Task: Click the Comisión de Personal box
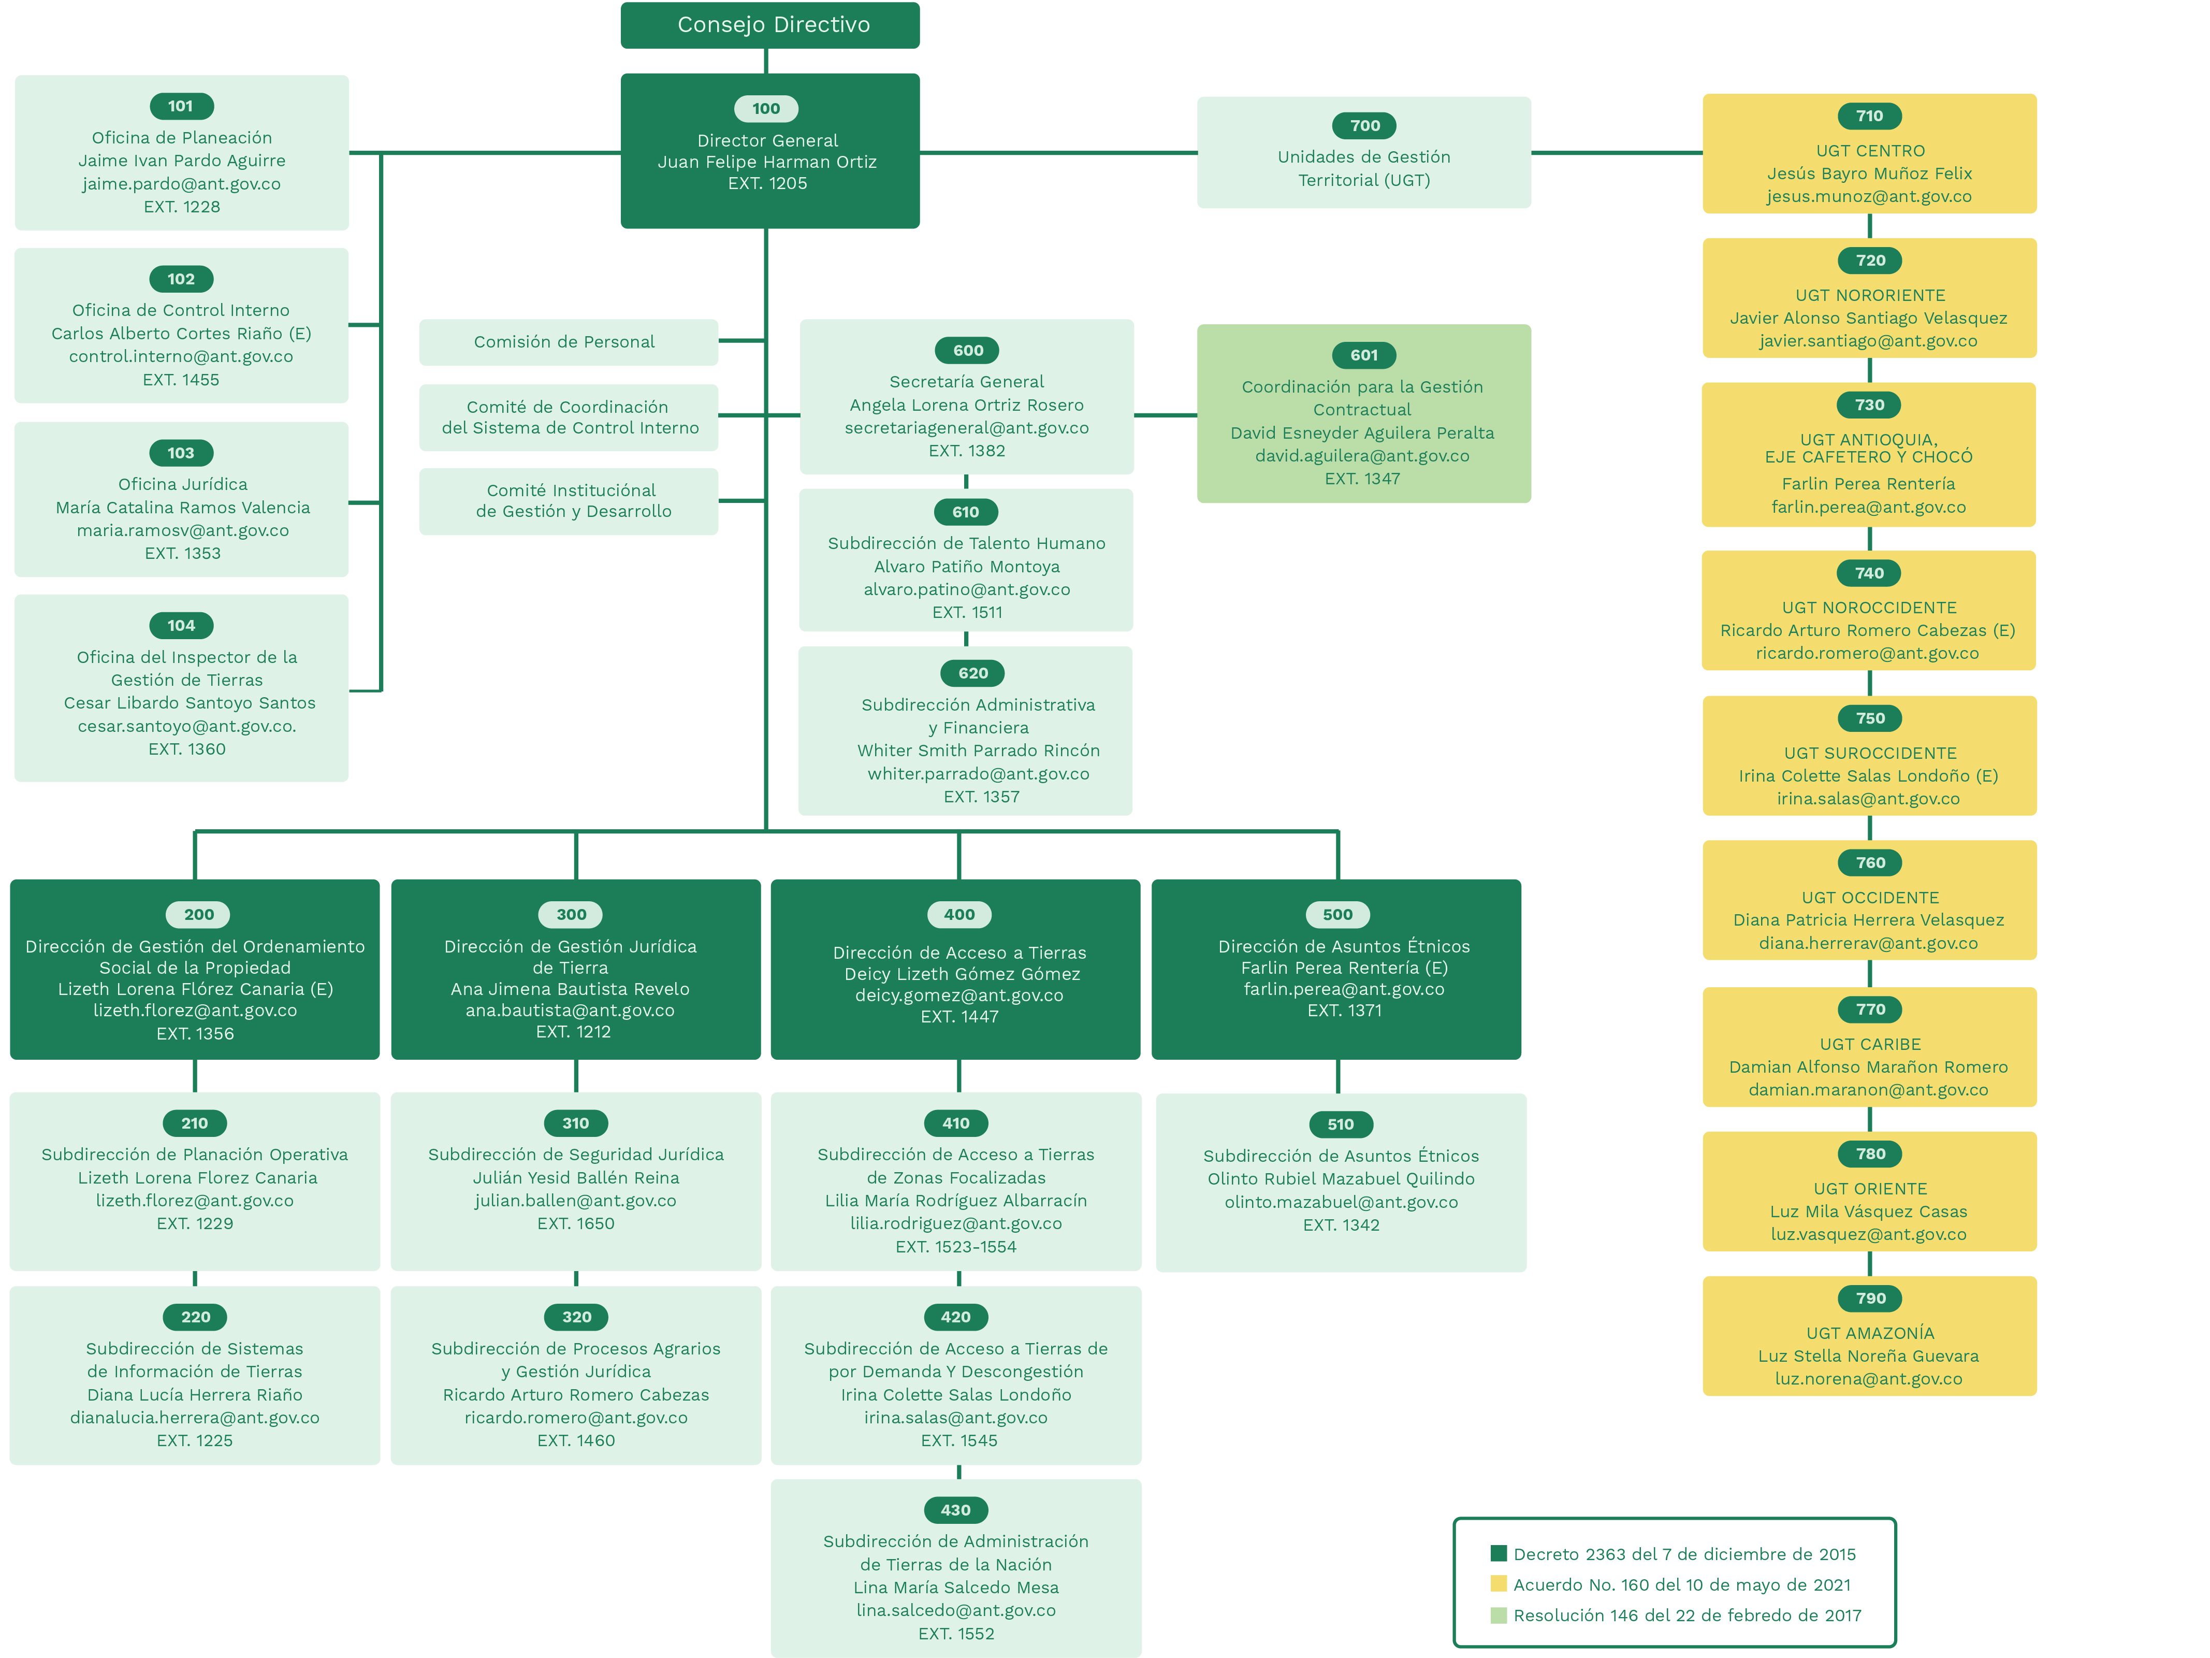pos(568,342)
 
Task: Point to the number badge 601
pos(1364,355)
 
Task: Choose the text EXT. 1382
pos(966,451)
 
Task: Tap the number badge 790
pos(1870,1298)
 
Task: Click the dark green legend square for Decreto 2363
pos(1497,1553)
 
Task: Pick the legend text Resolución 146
pos(1686,1615)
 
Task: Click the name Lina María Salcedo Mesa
pos(955,1587)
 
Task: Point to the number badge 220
pos(196,1317)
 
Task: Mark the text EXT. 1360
pos(187,748)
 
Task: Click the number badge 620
pos(972,673)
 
